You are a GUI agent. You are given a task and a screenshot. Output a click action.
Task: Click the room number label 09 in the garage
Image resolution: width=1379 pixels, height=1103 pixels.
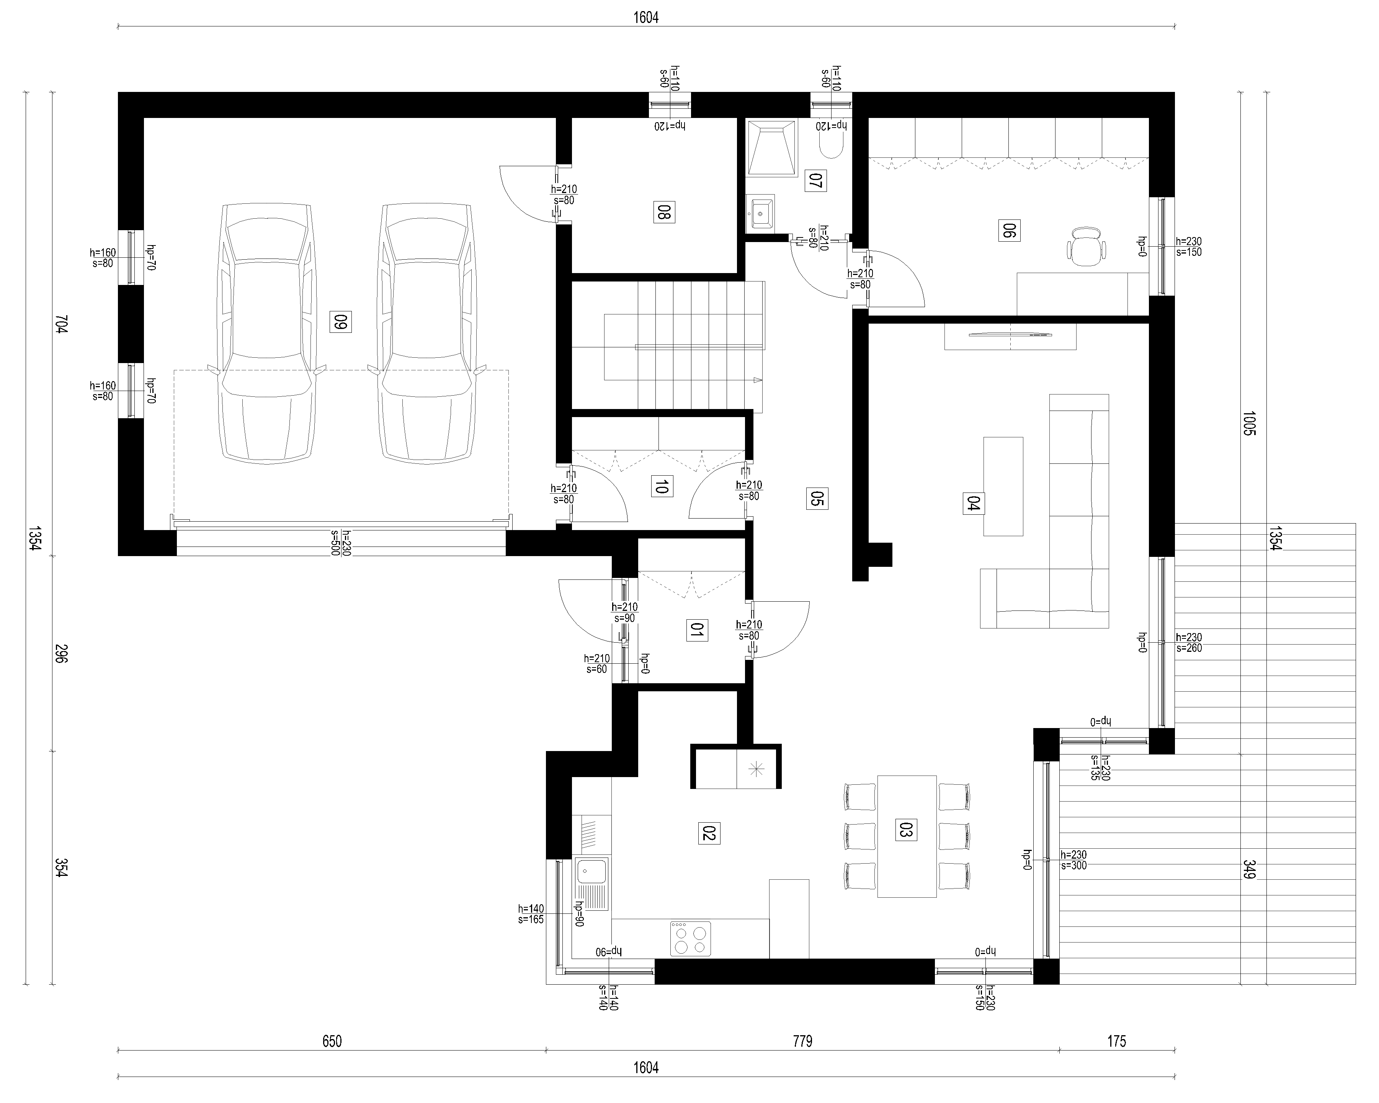pyautogui.click(x=341, y=321)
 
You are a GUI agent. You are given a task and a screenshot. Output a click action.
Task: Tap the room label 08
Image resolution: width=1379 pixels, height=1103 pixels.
pyautogui.click(x=664, y=212)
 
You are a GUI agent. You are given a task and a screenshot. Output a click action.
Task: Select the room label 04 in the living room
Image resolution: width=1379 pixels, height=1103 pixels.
pyautogui.click(x=974, y=504)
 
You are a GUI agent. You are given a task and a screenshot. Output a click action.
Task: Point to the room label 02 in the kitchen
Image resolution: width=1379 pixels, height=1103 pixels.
pyautogui.click(x=709, y=834)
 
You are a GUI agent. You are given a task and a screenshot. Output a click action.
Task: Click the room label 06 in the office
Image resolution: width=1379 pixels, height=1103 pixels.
pyautogui.click(x=1009, y=230)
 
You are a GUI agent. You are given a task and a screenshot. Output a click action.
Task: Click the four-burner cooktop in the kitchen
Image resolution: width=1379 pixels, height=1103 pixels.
pyautogui.click(x=691, y=939)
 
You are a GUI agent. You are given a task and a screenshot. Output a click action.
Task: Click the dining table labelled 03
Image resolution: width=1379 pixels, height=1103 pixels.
pyautogui.click(x=907, y=836)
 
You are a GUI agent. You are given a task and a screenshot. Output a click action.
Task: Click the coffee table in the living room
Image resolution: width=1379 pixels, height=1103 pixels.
pyautogui.click(x=1003, y=486)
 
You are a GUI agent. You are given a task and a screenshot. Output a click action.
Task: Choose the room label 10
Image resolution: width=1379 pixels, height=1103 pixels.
pyautogui.click(x=661, y=486)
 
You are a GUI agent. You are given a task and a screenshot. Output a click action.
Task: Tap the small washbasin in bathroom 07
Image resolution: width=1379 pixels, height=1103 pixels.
pyautogui.click(x=760, y=212)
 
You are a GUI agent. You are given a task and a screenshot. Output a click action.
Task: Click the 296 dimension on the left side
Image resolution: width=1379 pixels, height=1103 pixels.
pyautogui.click(x=61, y=653)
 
